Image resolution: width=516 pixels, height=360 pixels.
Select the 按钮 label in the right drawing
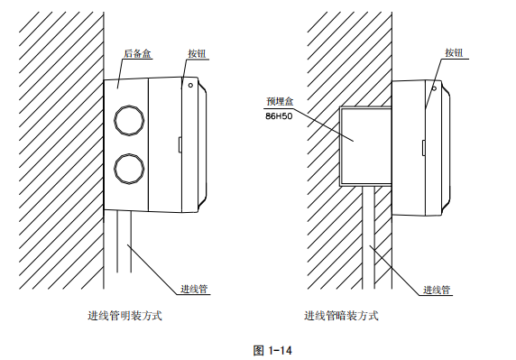(x=455, y=52)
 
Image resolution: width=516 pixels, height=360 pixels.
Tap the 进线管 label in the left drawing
(x=195, y=289)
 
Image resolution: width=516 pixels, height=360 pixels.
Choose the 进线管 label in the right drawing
(x=438, y=290)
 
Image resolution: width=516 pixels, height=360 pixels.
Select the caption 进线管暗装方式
(x=341, y=316)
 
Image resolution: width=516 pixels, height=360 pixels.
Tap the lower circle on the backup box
(x=127, y=169)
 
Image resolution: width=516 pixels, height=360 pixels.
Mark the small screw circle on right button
(x=434, y=88)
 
